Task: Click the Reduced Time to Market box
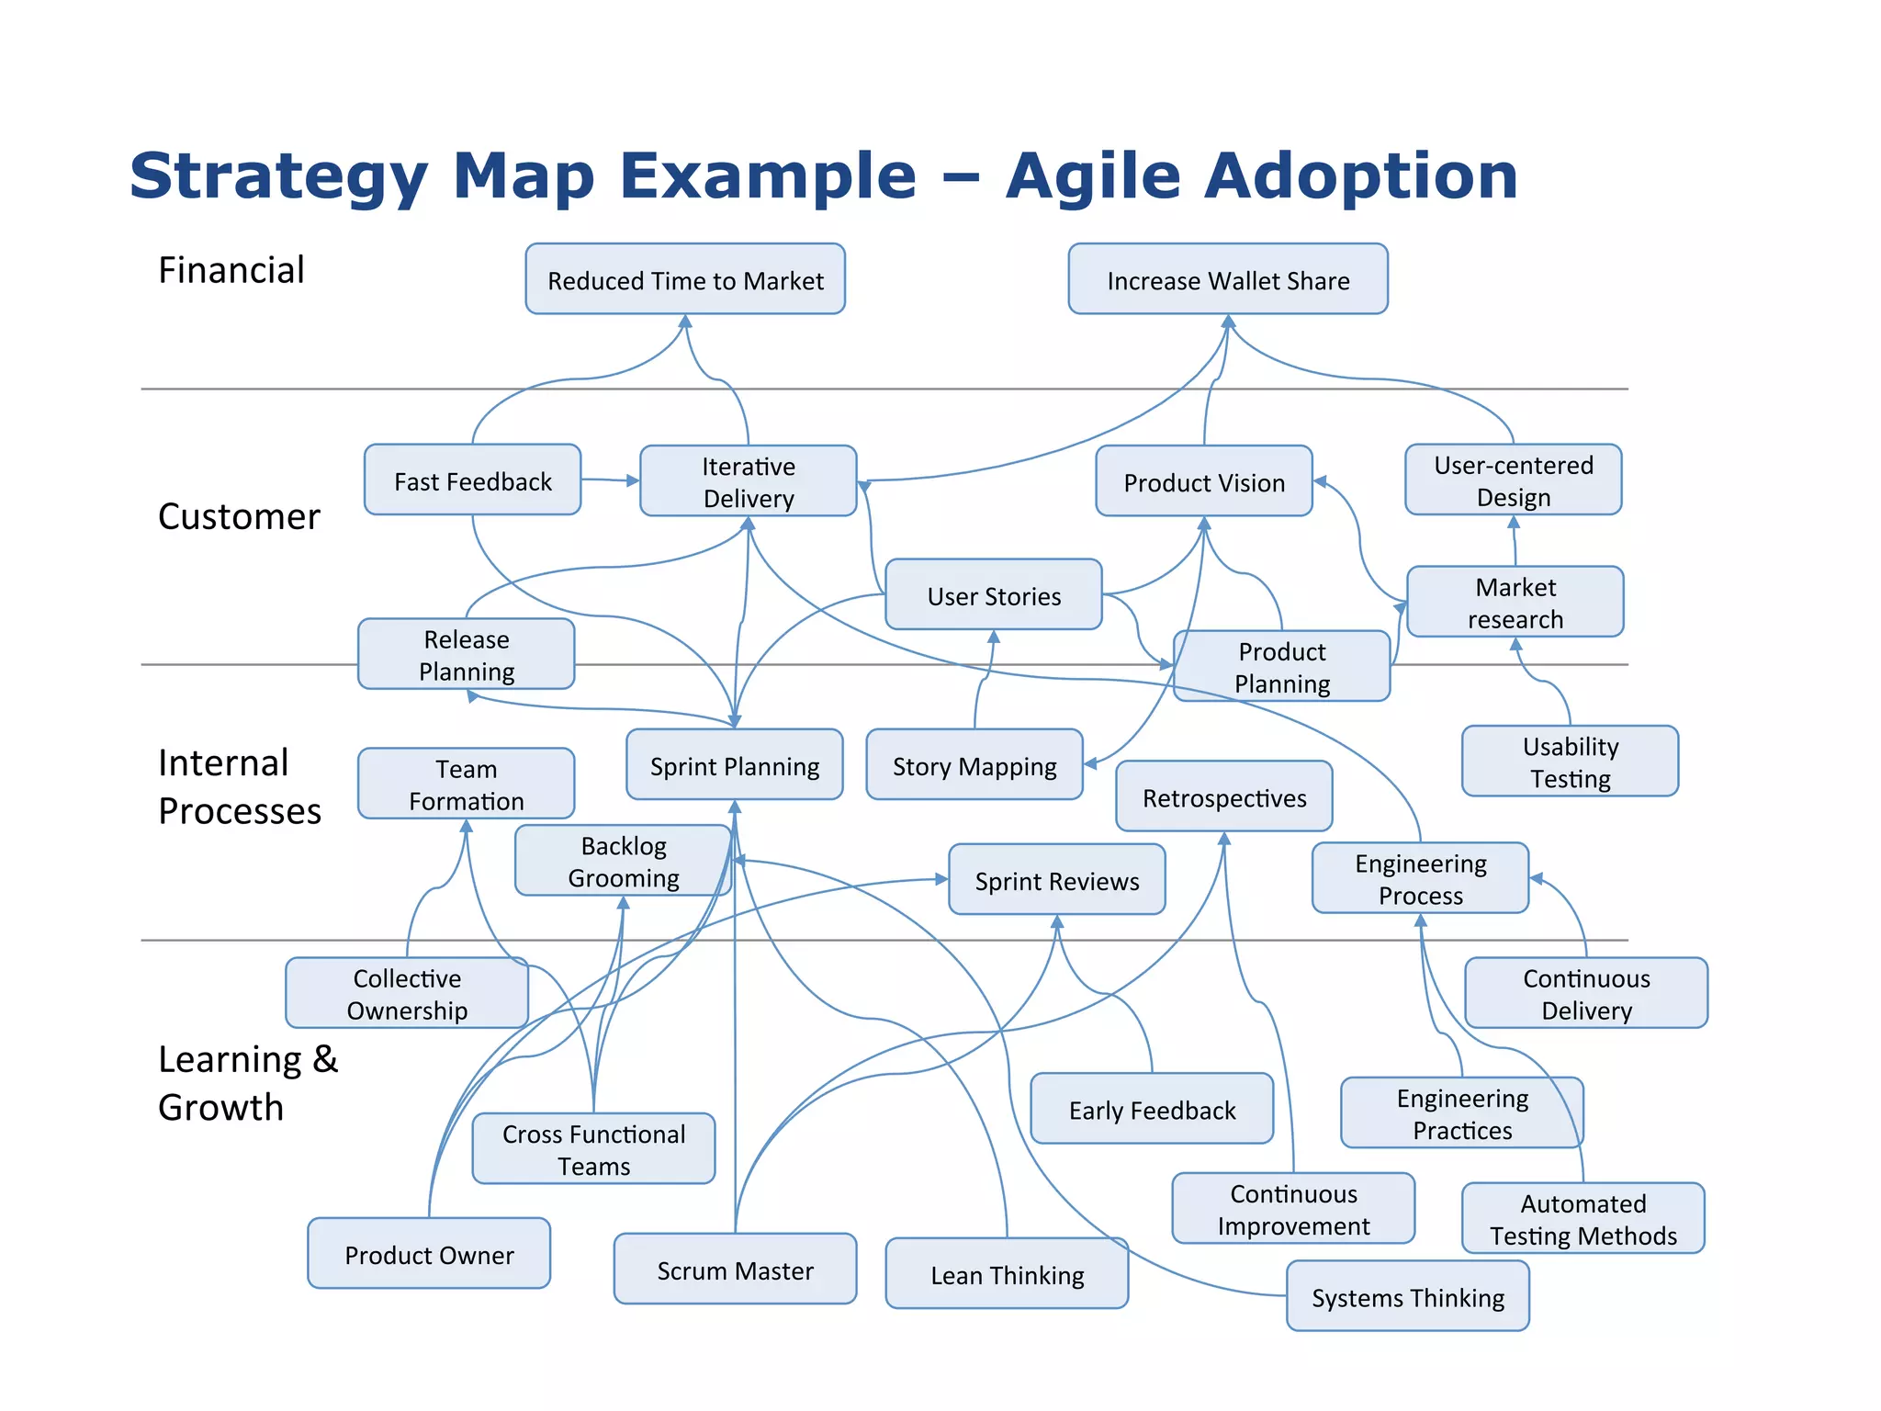click(685, 279)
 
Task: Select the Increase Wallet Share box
click(1228, 279)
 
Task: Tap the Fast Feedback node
click(472, 480)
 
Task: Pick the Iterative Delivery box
click(748, 481)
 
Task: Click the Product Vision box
click(1204, 481)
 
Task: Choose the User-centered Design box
click(1513, 480)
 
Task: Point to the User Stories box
click(994, 595)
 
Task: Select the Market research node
click(1515, 603)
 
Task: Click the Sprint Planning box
click(734, 765)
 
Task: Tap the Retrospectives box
click(1223, 797)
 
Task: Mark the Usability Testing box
click(1570, 762)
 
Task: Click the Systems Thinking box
click(1407, 1297)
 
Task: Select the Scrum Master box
click(735, 1270)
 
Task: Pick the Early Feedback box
click(1152, 1110)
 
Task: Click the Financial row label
click(231, 270)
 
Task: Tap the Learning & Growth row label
click(247, 1083)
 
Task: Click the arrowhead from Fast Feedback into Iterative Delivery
click(633, 480)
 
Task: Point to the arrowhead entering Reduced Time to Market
click(685, 322)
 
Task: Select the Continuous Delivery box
click(1586, 993)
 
